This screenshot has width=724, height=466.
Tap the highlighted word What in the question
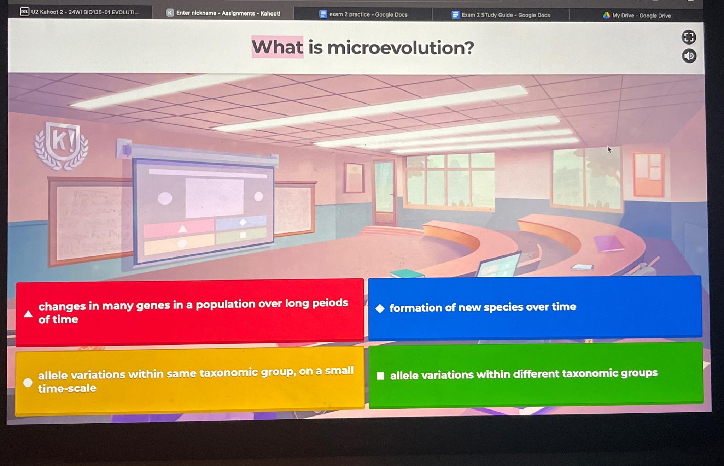277,47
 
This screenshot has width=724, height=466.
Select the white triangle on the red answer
28,314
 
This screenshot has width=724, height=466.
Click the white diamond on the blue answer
380,308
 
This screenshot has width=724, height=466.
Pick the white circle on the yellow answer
28,382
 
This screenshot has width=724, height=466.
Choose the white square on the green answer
380,376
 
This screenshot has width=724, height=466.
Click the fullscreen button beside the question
688,37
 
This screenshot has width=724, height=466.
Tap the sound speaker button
689,56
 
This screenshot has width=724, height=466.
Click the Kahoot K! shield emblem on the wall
62,144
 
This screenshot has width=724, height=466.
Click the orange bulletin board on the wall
648,174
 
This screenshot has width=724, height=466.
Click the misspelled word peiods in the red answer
330,303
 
